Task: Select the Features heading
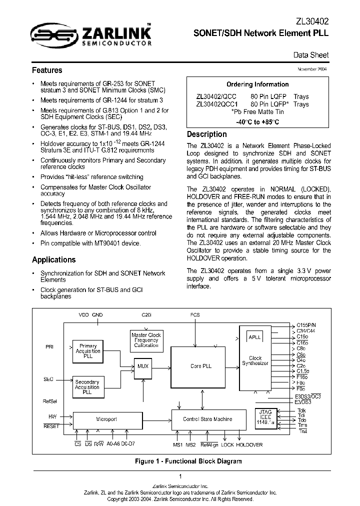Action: [47, 70]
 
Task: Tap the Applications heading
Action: [53, 259]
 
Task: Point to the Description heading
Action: [206, 134]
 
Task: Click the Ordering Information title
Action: [257, 84]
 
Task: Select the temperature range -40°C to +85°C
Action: [257, 121]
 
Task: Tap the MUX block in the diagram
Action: [143, 366]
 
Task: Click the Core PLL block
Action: [201, 366]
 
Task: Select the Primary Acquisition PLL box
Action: [88, 351]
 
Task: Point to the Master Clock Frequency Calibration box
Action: [146, 340]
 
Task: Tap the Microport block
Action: [106, 419]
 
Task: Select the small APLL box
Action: [255, 337]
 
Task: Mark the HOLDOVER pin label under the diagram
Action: [249, 444]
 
